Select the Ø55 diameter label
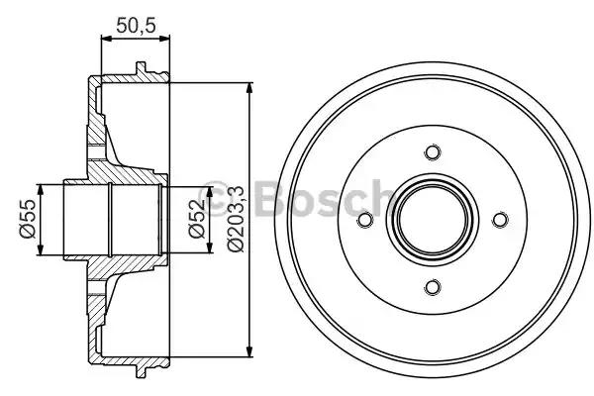coord(26,219)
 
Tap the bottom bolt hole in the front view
coord(431,287)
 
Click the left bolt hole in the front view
coord(363,220)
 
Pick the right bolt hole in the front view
coord(499,220)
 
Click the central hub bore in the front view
coord(431,220)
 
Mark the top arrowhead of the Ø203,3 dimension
coord(247,88)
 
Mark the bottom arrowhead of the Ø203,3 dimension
coord(247,351)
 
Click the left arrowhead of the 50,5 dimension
coord(105,41)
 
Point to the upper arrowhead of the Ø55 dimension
coord(41,189)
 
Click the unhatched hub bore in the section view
coord(109,220)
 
